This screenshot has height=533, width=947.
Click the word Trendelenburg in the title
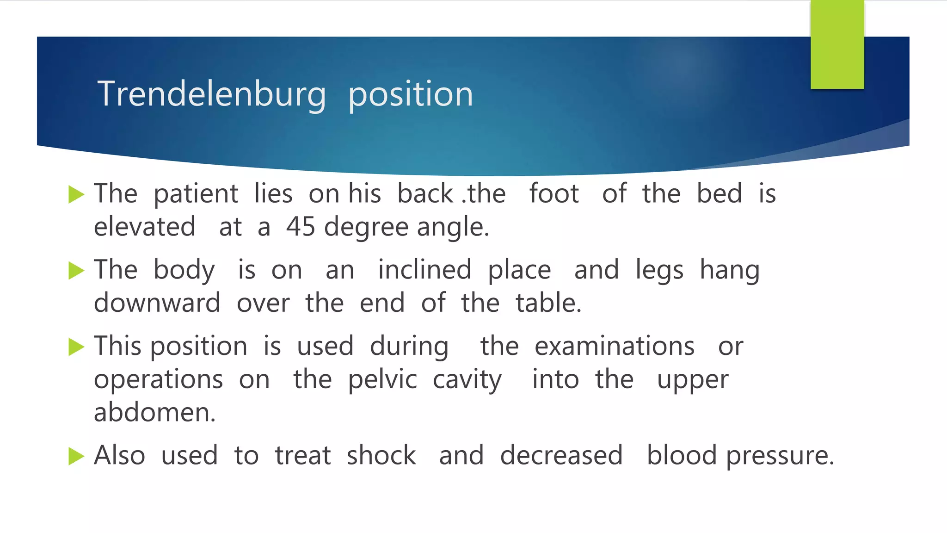tap(211, 94)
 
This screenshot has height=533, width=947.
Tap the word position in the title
tap(411, 94)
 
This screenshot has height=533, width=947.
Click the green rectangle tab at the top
tap(837, 44)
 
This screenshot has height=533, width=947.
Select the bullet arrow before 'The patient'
tap(76, 194)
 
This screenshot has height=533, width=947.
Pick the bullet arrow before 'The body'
tap(76, 271)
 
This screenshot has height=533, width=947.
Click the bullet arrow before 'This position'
tap(76, 347)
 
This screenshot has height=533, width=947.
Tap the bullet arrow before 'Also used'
tap(76, 456)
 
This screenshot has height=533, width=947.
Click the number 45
tap(301, 227)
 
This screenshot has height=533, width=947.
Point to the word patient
tap(196, 193)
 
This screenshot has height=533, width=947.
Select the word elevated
tap(144, 227)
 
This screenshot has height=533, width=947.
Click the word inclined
tap(424, 270)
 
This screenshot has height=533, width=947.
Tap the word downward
tap(157, 303)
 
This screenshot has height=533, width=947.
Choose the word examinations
tap(615, 346)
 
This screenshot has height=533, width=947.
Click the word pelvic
tap(382, 379)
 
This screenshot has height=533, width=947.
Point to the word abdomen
tap(154, 412)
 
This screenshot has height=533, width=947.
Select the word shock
tap(381, 455)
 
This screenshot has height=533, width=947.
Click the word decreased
tap(561, 455)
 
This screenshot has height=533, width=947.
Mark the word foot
tap(554, 193)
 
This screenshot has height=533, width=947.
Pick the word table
tap(548, 303)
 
